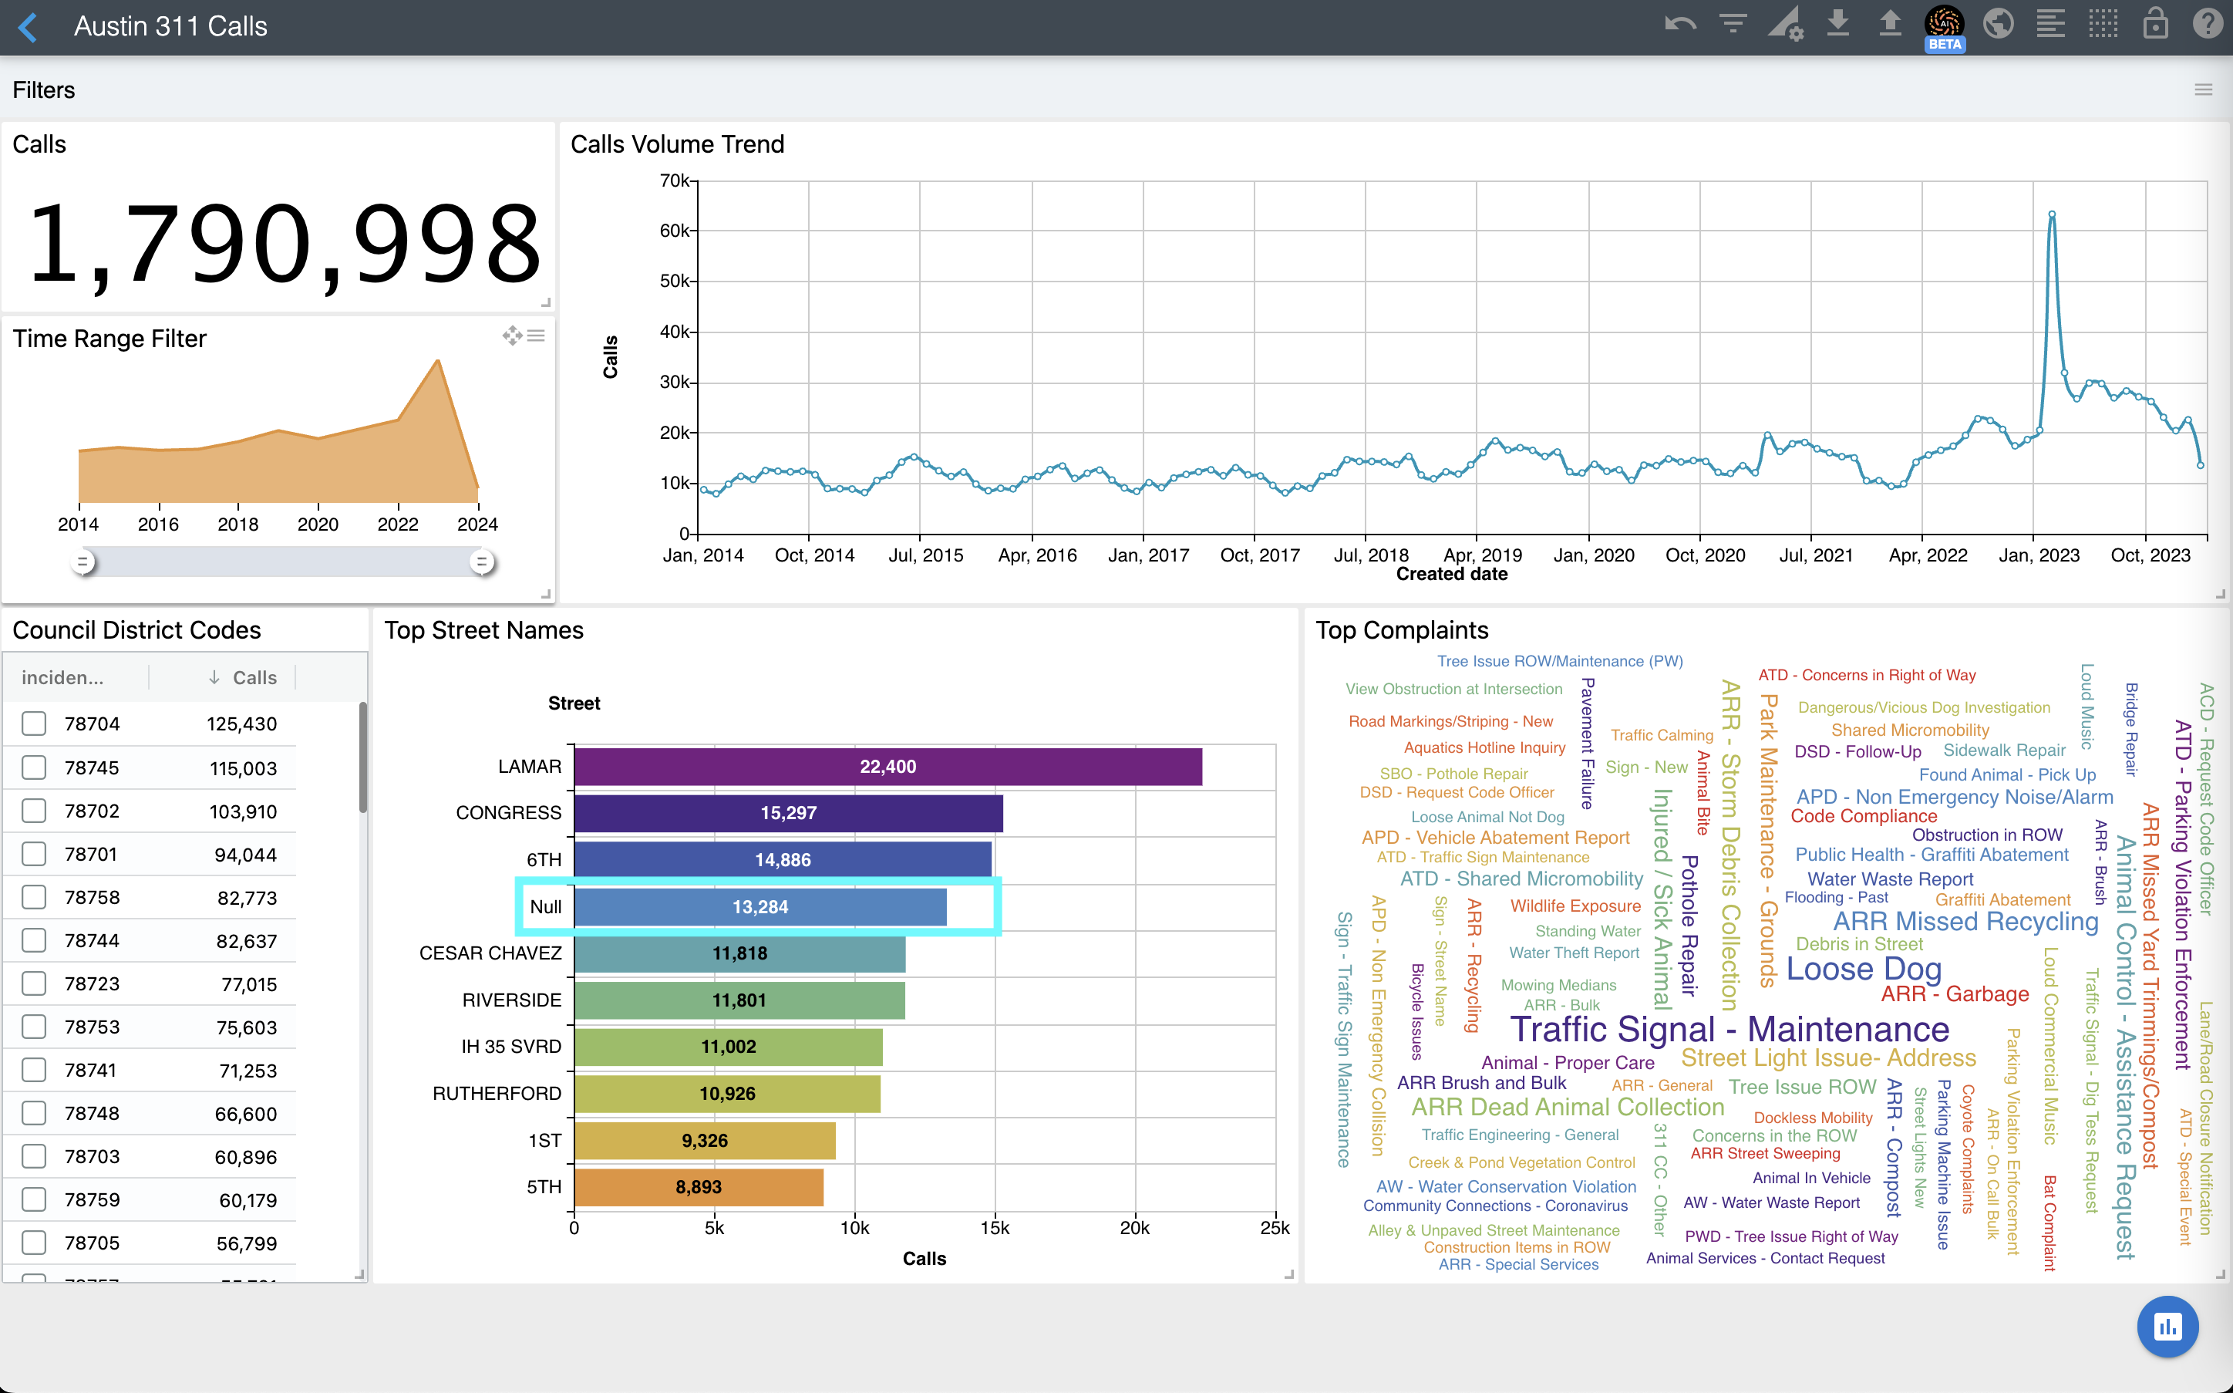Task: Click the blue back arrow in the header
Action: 29,27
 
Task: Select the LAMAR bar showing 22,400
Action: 887,767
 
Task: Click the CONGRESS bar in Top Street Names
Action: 788,814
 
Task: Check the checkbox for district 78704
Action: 34,724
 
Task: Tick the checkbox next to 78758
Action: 34,897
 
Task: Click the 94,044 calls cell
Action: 245,855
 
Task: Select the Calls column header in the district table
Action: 254,678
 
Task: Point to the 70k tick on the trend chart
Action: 674,181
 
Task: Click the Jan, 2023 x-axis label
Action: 2039,555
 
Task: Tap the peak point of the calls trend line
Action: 2052,214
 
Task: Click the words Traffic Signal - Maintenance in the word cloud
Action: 1729,1029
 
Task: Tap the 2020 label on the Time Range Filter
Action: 318,524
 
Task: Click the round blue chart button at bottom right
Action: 2167,1327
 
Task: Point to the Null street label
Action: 545,906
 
